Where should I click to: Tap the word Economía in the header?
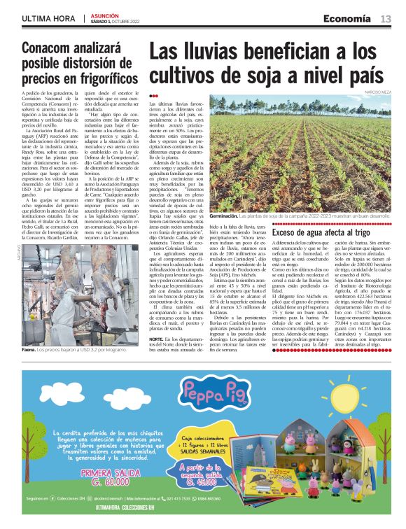pos(351,18)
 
